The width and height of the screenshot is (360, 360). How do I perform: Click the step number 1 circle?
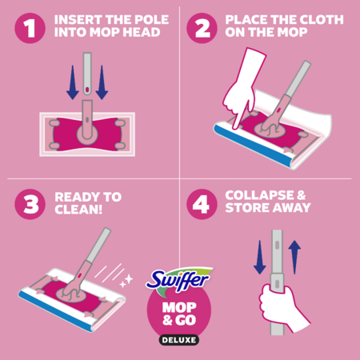point(30,28)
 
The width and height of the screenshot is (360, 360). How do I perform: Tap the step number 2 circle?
point(202,28)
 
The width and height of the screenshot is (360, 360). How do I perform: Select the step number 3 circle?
point(30,204)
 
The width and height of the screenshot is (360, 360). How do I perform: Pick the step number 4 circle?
point(202,204)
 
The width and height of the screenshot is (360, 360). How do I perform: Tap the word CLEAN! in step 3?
point(78,210)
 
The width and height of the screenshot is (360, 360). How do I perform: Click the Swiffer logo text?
point(178,280)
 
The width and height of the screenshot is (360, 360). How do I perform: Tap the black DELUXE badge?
point(179,340)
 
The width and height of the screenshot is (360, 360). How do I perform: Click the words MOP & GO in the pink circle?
point(179,314)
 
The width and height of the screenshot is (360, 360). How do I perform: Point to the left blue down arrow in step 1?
point(73,82)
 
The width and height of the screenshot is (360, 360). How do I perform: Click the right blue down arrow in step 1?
point(102,82)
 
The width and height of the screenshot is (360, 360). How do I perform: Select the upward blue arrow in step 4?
point(294,257)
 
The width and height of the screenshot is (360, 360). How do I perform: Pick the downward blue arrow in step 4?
point(259,257)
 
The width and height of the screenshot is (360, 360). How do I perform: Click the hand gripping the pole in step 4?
point(282,306)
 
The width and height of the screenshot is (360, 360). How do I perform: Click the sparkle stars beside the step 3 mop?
point(126,281)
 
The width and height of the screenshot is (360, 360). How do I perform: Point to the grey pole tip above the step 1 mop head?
point(87,74)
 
